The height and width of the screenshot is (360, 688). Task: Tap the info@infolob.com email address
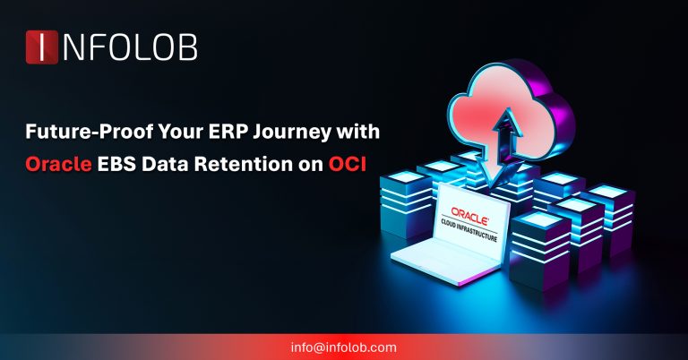(x=344, y=347)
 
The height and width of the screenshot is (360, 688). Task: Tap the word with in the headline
(x=357, y=133)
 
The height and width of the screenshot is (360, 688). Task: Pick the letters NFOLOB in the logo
(x=129, y=47)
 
